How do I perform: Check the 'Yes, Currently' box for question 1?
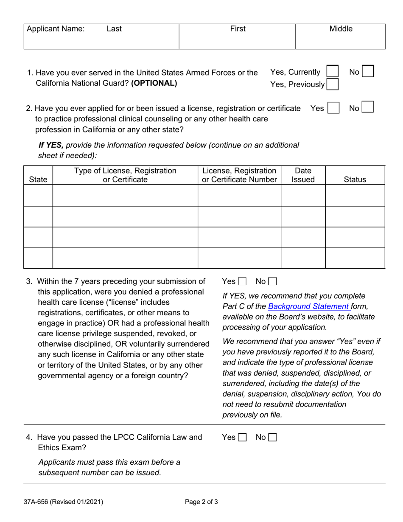click(333, 71)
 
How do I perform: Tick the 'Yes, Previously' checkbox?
click(333, 84)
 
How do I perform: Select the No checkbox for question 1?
click(368, 71)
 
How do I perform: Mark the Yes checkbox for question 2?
click(334, 108)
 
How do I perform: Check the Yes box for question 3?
click(242, 281)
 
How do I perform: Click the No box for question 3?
click(273, 281)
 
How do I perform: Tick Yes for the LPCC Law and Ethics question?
click(242, 438)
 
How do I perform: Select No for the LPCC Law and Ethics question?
click(273, 438)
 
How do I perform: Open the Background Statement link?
click(309, 306)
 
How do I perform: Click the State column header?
click(38, 180)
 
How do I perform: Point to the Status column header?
click(355, 180)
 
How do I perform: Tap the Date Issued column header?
click(303, 175)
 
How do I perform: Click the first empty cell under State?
click(38, 196)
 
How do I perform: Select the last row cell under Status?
click(355, 258)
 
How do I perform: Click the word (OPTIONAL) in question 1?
click(154, 83)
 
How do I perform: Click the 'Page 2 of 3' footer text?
click(201, 502)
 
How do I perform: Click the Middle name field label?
click(341, 29)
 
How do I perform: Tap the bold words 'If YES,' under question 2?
click(51, 145)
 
